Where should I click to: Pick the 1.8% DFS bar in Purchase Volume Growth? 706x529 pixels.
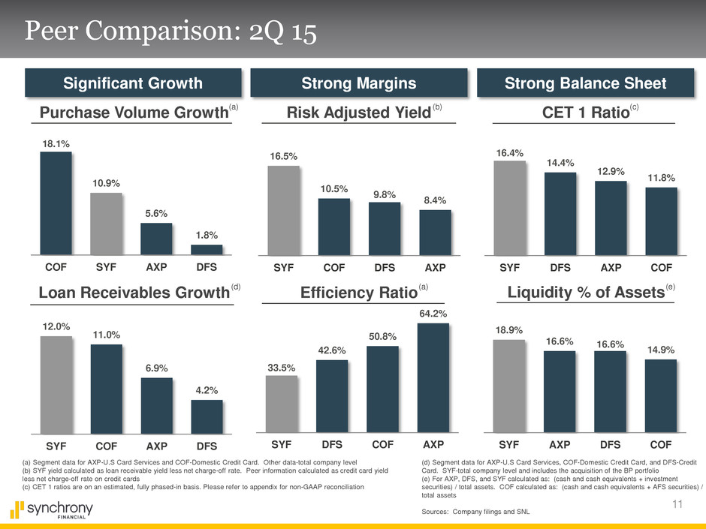[207, 250]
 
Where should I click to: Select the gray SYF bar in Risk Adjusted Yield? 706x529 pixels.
[283, 210]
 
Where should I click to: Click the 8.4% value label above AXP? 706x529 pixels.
[435, 200]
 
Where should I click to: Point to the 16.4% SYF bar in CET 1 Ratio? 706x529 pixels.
[510, 208]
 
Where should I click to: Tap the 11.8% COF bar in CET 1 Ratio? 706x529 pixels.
[661, 221]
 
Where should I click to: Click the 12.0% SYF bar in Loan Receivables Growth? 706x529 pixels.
[56, 384]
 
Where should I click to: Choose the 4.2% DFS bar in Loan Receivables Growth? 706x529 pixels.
[207, 416]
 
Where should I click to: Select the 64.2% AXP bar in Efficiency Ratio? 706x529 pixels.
[433, 378]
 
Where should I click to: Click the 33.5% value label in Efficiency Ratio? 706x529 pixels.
[281, 368]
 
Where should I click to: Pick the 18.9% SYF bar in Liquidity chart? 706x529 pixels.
[509, 386]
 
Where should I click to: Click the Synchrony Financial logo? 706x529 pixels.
[53, 511]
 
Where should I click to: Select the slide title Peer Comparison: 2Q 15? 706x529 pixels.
[169, 32]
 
